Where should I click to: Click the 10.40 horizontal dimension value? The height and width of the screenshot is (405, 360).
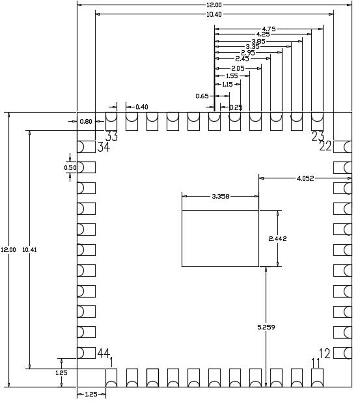[214, 14]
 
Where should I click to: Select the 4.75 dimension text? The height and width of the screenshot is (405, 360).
[269, 29]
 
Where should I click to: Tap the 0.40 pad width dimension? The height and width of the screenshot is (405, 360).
[142, 107]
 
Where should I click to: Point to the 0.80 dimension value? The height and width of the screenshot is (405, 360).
[86, 121]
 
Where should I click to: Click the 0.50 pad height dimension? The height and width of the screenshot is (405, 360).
[70, 167]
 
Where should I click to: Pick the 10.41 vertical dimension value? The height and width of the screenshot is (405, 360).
[29, 250]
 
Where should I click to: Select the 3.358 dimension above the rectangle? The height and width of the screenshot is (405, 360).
[221, 196]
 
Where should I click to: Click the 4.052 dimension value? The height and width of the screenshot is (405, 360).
[305, 178]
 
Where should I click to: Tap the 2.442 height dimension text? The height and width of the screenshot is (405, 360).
[277, 239]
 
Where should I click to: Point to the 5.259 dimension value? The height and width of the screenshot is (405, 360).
[266, 328]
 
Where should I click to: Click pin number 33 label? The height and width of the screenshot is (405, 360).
[111, 136]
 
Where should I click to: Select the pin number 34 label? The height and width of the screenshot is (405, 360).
[104, 147]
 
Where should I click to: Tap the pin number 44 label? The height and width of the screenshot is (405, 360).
[104, 353]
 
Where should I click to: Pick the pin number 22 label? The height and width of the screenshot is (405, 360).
[325, 147]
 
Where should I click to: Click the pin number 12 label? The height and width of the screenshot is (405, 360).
[325, 354]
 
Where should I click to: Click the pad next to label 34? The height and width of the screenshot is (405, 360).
[86, 147]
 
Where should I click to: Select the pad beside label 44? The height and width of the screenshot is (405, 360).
[86, 353]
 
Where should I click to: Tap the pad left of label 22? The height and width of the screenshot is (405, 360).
[342, 147]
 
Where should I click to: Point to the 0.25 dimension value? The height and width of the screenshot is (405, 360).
[236, 107]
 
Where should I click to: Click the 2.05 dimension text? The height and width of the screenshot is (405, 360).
[238, 68]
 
